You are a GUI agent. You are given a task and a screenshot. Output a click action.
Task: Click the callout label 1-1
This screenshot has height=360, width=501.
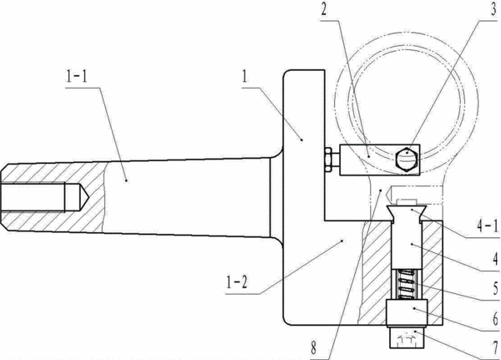tap(77, 76)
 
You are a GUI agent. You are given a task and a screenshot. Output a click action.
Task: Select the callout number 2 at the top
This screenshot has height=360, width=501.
tap(324, 9)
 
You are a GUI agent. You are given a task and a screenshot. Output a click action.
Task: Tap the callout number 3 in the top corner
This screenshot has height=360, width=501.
tap(494, 9)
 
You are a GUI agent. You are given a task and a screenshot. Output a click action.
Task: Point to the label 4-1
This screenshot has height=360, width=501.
tap(488, 226)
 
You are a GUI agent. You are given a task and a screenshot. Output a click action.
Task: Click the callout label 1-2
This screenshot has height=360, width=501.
tap(237, 282)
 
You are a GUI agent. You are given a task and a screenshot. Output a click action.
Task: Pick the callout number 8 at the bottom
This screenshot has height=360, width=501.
tap(313, 347)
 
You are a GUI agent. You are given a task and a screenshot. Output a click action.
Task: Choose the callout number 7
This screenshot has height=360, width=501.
tap(495, 347)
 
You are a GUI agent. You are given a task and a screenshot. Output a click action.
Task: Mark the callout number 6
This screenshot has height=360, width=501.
tap(495, 319)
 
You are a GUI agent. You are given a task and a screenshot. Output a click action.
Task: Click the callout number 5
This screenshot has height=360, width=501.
tap(495, 289)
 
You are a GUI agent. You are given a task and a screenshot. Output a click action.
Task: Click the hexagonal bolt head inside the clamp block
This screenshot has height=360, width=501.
tap(407, 160)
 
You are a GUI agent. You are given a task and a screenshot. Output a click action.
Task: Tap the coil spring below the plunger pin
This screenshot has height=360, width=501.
tap(407, 284)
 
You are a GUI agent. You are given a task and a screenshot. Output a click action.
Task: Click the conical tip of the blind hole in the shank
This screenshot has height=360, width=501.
tap(83, 196)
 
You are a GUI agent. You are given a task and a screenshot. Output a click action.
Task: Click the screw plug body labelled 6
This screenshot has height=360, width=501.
tap(407, 313)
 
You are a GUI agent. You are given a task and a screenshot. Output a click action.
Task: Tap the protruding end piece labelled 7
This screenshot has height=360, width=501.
tap(407, 338)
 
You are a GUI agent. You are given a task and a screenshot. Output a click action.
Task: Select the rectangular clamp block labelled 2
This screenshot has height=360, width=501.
tap(380, 160)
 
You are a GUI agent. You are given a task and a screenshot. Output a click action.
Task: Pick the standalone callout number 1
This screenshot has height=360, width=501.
tap(245, 76)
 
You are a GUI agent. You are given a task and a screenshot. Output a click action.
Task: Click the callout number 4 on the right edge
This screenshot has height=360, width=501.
tap(495, 259)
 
